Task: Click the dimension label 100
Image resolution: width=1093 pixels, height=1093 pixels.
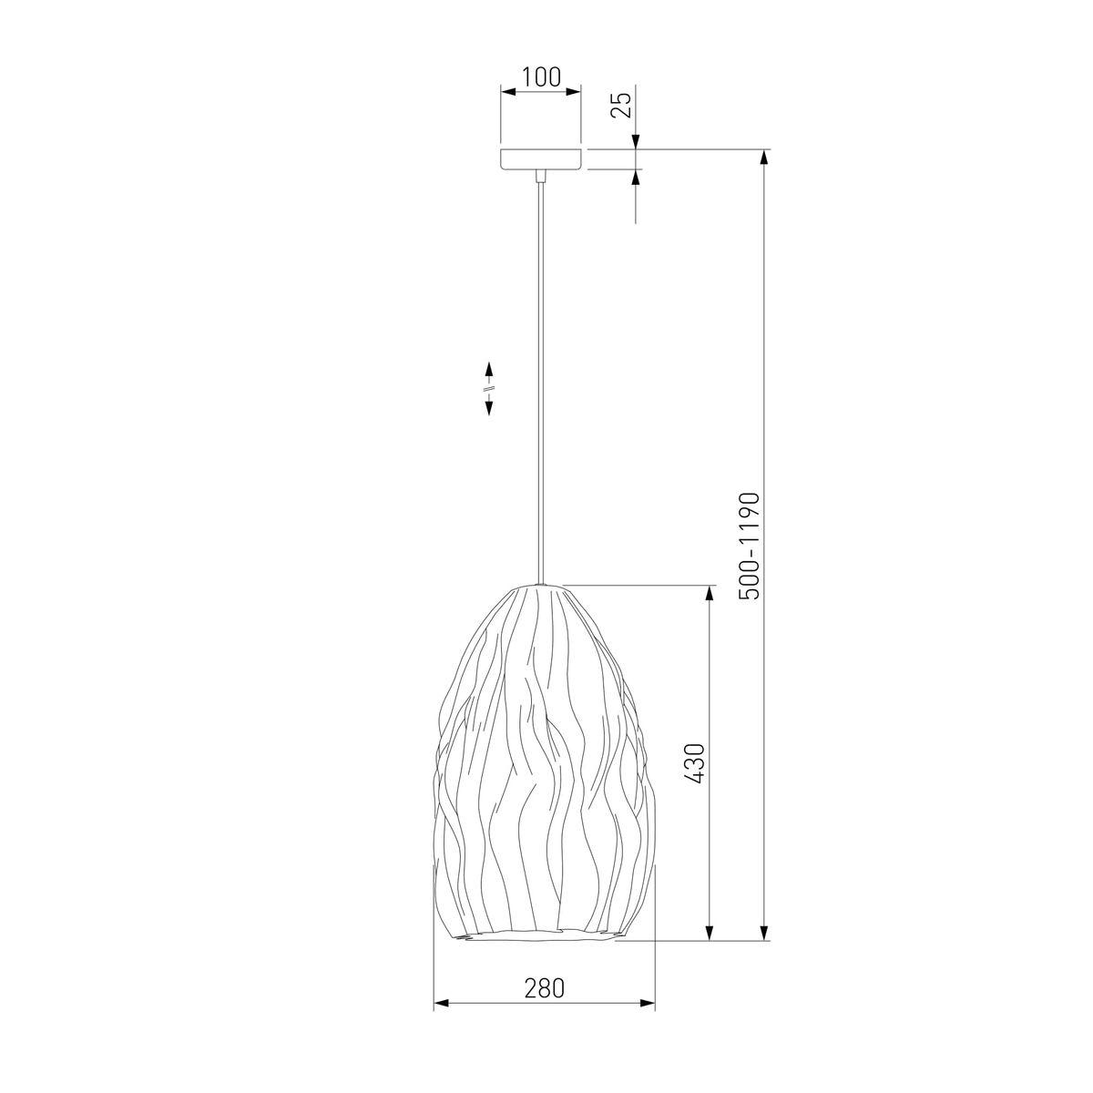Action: [x=540, y=77]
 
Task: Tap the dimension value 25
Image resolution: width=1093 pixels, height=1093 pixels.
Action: [x=622, y=105]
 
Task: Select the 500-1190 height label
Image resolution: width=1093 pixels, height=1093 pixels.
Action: [x=749, y=546]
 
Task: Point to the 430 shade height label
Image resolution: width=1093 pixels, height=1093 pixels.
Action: [x=695, y=763]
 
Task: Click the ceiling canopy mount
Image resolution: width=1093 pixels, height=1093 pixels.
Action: [x=540, y=159]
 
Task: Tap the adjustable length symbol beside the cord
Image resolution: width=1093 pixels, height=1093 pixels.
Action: [x=488, y=389]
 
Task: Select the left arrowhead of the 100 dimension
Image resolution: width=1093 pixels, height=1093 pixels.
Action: [x=508, y=91]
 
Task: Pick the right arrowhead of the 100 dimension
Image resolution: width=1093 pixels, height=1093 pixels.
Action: [x=574, y=91]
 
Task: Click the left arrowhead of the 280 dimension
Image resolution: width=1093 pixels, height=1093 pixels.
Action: [x=441, y=1018]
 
